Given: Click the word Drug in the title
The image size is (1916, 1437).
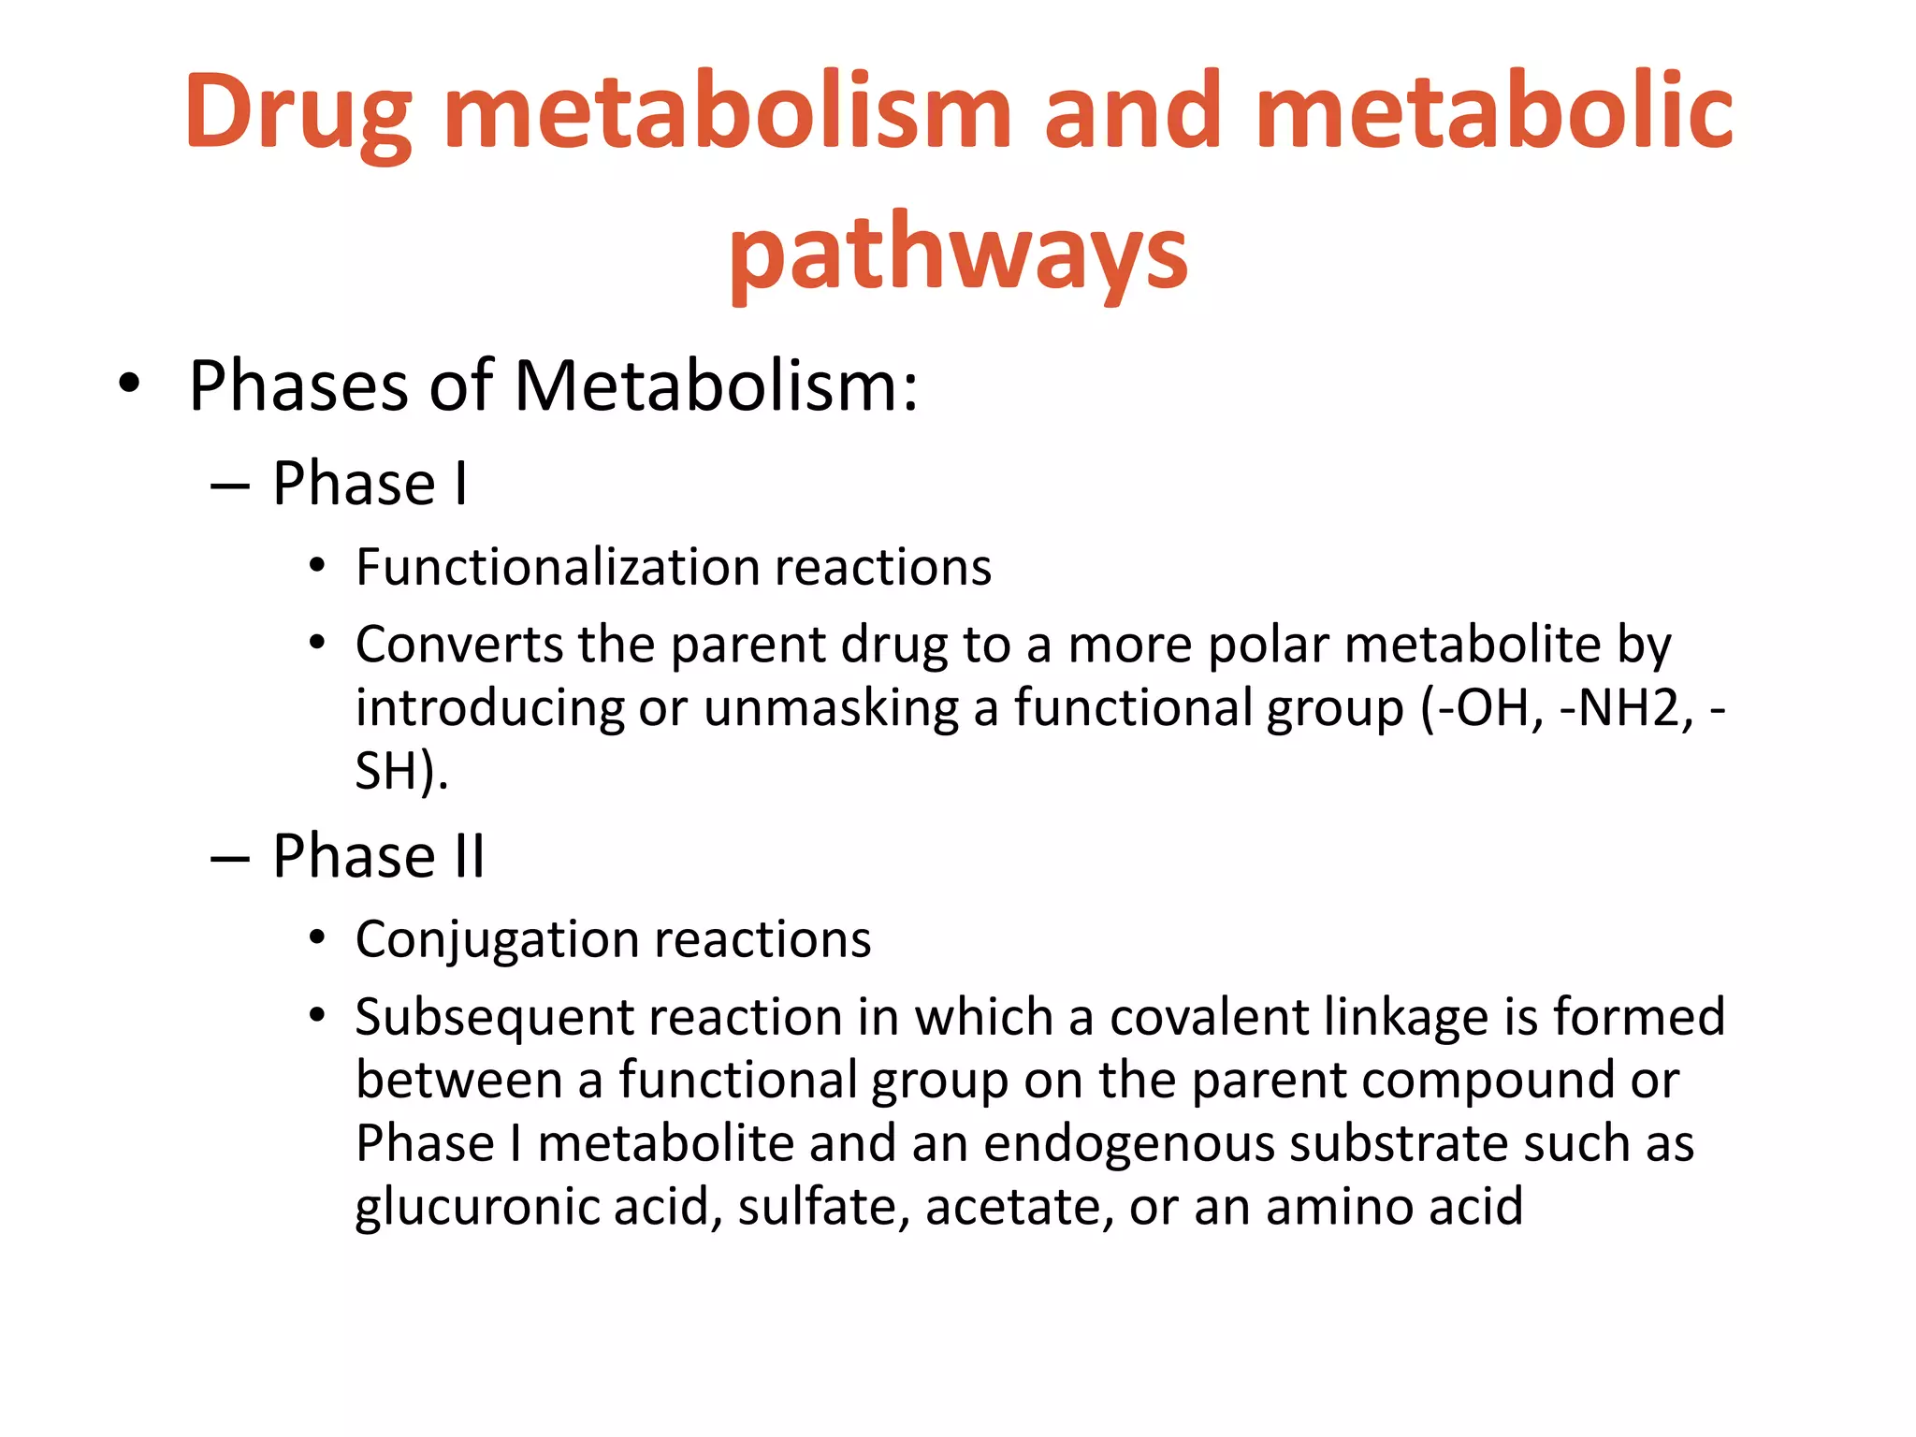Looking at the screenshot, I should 298,112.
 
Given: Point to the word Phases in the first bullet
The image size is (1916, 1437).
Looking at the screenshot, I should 298,385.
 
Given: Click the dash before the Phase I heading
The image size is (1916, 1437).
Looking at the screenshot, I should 230,486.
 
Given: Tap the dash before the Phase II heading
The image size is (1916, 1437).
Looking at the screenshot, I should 230,857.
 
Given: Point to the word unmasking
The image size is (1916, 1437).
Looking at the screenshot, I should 831,708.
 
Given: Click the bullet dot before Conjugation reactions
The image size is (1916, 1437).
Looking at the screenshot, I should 317,937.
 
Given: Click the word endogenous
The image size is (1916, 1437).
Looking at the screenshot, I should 1128,1145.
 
